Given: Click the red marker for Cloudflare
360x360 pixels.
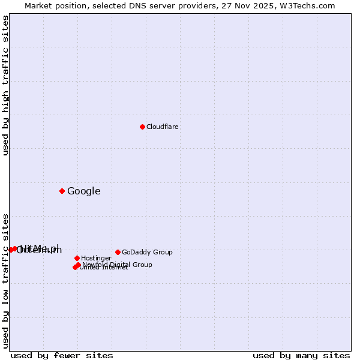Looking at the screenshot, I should click(142, 127).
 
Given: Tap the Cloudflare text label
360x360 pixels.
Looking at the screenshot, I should click(163, 127).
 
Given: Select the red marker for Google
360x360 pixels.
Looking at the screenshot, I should click(62, 191).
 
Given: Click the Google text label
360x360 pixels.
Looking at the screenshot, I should click(84, 191).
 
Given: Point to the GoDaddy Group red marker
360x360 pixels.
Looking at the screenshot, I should click(118, 252).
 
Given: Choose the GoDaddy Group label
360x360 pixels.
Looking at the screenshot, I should click(147, 252).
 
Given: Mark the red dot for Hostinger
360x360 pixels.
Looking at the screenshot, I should click(77, 258).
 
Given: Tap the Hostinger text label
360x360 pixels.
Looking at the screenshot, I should click(96, 258).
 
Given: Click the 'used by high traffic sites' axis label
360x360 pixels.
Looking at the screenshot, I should click(5, 85).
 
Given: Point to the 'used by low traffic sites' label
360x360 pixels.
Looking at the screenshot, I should click(5, 280).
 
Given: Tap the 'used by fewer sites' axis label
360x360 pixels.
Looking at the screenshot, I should click(62, 355).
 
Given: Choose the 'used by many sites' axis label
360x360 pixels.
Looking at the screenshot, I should click(301, 355).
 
